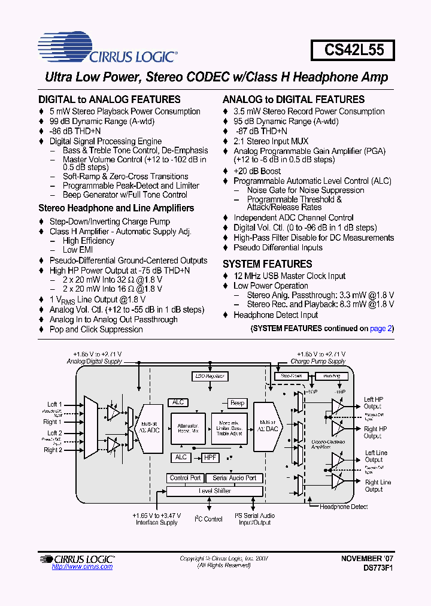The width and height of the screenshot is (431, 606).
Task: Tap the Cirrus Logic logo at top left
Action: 107,50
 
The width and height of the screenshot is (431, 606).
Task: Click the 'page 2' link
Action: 380,328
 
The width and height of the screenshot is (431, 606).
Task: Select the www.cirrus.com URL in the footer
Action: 76,566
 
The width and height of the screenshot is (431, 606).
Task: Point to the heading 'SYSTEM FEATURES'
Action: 267,264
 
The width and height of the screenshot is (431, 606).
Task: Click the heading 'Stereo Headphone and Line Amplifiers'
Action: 116,208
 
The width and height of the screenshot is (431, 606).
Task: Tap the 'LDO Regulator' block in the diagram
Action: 210,376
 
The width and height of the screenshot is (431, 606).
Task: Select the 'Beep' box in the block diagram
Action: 237,403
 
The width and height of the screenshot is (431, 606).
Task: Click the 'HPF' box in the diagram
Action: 210,457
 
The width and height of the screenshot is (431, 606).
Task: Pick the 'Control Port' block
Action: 185,478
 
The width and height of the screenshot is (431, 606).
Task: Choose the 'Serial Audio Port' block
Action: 234,478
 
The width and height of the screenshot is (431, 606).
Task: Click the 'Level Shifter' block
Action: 214,491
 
